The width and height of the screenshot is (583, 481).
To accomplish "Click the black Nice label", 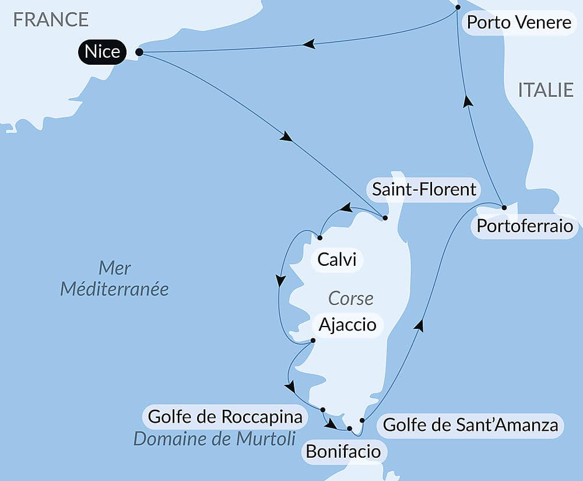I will click(x=102, y=52).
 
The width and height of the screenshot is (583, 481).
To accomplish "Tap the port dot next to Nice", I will click(x=139, y=52).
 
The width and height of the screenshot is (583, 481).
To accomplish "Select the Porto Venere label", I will click(x=519, y=23).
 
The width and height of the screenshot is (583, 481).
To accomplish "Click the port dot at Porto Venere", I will click(x=458, y=8).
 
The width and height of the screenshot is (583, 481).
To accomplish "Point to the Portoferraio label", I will click(x=525, y=226).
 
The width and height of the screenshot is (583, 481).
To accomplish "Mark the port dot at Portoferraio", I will click(x=504, y=207).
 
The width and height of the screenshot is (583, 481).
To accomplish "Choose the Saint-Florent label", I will click(x=424, y=189).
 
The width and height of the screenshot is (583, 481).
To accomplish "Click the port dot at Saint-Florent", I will click(x=385, y=218).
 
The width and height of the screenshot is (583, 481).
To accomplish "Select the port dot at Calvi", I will click(x=319, y=237).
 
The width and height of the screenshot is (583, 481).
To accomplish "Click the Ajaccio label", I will click(x=347, y=324).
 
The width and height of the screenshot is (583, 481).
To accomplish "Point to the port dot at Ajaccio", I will click(x=313, y=340).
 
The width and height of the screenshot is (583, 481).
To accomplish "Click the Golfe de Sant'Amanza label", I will click(x=470, y=425).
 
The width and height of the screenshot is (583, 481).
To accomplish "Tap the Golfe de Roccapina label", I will click(x=226, y=417).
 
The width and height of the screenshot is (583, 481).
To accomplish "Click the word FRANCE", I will click(x=51, y=19).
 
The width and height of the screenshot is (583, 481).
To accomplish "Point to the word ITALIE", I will click(x=546, y=90).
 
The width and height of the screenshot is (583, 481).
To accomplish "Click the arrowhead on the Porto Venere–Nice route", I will click(x=309, y=44).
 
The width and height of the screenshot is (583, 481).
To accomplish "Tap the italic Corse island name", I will click(x=350, y=299).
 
